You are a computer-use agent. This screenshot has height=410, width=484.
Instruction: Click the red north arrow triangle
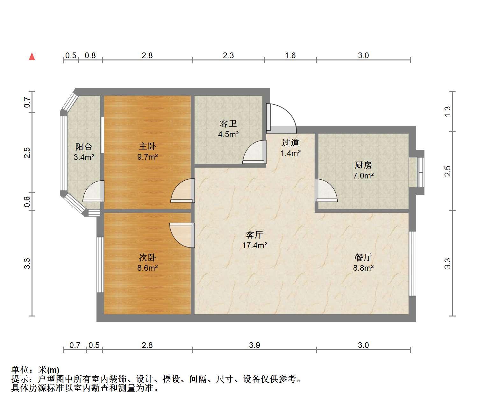click(x=32, y=57)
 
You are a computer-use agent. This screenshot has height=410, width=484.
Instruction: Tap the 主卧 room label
click(x=147, y=146)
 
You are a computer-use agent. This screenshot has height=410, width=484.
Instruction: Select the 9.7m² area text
click(x=147, y=157)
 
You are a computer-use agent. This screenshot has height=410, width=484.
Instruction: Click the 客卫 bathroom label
click(x=228, y=124)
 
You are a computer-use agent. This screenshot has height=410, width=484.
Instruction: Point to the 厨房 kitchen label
click(x=363, y=165)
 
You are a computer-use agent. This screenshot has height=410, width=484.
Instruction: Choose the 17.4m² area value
click(x=254, y=245)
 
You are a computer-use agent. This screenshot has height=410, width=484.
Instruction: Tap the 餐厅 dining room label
click(x=363, y=257)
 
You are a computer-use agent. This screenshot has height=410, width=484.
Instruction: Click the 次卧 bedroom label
click(x=147, y=258)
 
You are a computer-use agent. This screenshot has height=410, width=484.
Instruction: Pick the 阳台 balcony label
click(x=84, y=147)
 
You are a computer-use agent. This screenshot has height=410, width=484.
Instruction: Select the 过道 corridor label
click(x=290, y=142)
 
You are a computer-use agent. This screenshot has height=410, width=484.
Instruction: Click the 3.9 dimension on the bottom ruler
click(x=254, y=345)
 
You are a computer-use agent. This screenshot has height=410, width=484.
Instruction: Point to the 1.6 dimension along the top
click(x=290, y=55)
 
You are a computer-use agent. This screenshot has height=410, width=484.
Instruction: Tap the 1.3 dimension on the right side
click(x=447, y=112)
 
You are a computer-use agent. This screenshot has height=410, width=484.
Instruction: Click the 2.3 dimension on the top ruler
click(x=228, y=55)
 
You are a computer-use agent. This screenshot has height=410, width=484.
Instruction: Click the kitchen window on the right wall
click(x=421, y=172)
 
